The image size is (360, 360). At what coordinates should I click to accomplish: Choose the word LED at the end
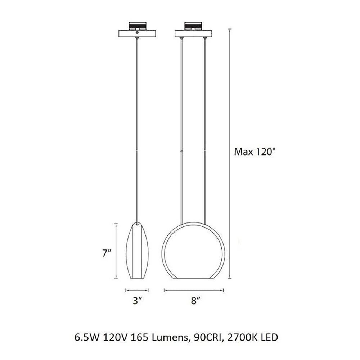tap(267, 338)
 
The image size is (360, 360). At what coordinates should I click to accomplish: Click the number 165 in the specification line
tap(138, 338)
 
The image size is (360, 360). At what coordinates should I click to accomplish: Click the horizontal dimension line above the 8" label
tap(194, 290)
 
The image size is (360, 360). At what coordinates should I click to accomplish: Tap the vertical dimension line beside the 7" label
tap(116, 251)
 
